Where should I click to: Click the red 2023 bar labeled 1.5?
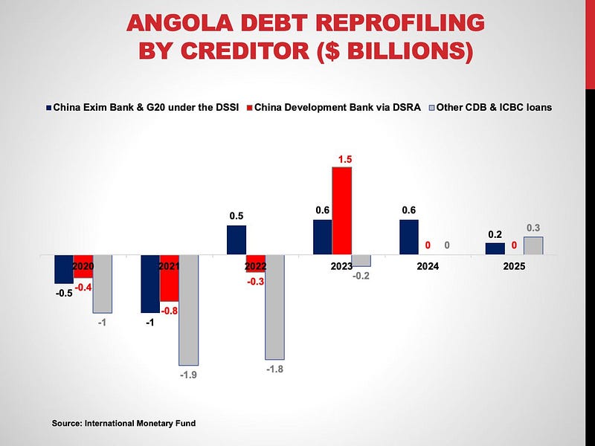(x=341, y=210)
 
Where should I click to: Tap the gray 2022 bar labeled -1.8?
(x=275, y=307)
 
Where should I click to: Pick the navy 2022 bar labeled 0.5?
(x=237, y=240)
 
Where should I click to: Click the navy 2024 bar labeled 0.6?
(x=409, y=237)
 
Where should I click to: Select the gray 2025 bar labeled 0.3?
(x=533, y=246)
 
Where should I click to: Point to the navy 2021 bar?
(x=150, y=283)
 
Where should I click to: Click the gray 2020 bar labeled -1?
(x=103, y=283)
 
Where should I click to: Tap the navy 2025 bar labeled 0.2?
(x=495, y=249)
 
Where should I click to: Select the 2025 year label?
(x=514, y=265)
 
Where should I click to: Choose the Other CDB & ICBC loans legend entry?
(x=491, y=107)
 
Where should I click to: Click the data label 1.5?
(x=341, y=159)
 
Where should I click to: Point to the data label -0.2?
(x=361, y=277)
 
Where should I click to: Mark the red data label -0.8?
(x=170, y=312)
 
